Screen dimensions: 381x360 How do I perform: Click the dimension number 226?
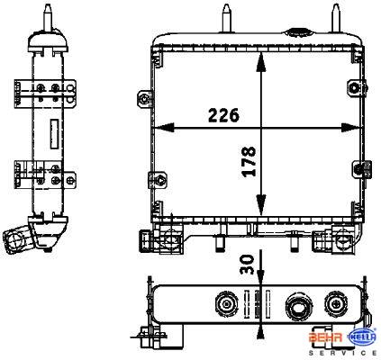point(224,115)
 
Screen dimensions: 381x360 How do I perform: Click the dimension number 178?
point(249,161)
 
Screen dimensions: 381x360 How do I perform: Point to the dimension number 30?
point(248,265)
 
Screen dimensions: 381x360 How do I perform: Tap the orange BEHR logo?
point(325,337)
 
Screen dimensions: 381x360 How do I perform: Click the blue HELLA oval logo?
point(361,337)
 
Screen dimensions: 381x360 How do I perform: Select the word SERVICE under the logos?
point(342,353)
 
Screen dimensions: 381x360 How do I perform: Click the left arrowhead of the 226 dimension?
point(164,128)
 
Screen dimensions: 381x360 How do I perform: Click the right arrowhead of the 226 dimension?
point(352,128)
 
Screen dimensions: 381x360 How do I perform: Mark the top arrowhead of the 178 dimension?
point(261,62)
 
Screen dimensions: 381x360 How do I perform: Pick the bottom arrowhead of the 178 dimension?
point(261,205)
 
